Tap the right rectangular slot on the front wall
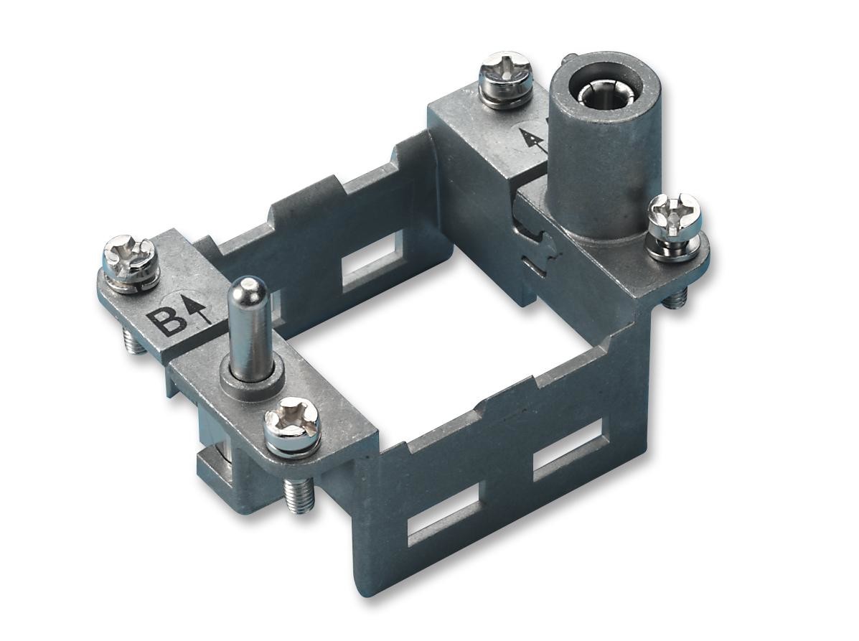(x=567, y=450)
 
